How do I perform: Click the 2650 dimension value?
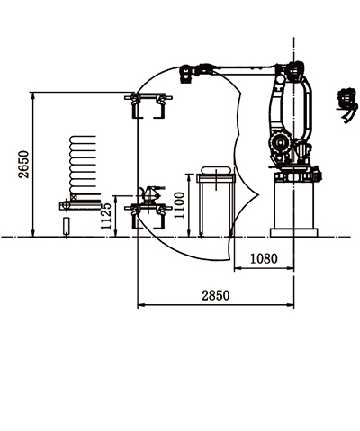click(x=23, y=165)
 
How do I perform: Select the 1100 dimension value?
click(x=179, y=206)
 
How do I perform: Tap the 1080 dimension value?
click(x=264, y=258)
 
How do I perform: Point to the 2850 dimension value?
click(x=216, y=295)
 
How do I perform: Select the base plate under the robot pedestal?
click(x=294, y=233)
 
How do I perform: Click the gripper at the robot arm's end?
click(x=186, y=74)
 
